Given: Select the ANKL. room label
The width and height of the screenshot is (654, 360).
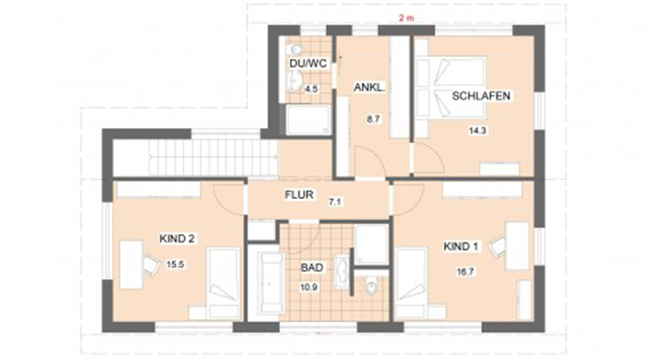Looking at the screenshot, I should [368, 87].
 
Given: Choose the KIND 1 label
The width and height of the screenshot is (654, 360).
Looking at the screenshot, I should [463, 247].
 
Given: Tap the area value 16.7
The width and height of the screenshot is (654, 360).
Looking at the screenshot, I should [463, 273].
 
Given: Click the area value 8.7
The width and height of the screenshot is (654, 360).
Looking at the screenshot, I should [372, 120].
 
